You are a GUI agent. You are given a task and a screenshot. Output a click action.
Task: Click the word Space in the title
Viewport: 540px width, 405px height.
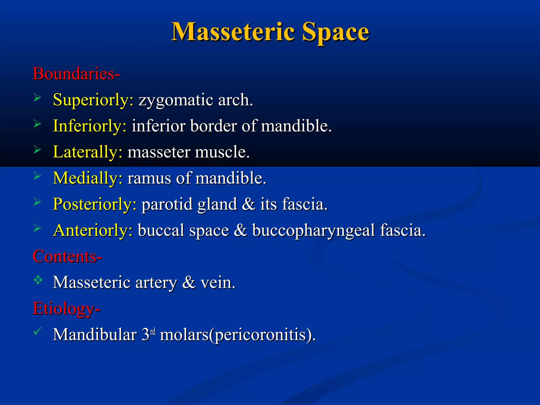click(335, 32)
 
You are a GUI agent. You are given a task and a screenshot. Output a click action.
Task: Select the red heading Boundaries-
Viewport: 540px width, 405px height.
click(76, 74)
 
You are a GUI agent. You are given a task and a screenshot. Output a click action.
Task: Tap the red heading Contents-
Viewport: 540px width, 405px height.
click(67, 256)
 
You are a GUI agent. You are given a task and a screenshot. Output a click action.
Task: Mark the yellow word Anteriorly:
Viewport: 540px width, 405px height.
click(93, 230)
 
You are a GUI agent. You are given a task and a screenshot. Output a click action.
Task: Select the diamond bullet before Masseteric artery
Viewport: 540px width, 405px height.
click(38, 280)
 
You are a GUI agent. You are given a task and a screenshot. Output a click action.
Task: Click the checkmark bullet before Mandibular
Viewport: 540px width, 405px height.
click(38, 331)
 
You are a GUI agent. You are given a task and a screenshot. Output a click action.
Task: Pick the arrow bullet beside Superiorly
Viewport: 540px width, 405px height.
click(37, 98)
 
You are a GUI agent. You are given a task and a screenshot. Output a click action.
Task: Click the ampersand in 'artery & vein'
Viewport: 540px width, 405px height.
click(189, 283)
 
